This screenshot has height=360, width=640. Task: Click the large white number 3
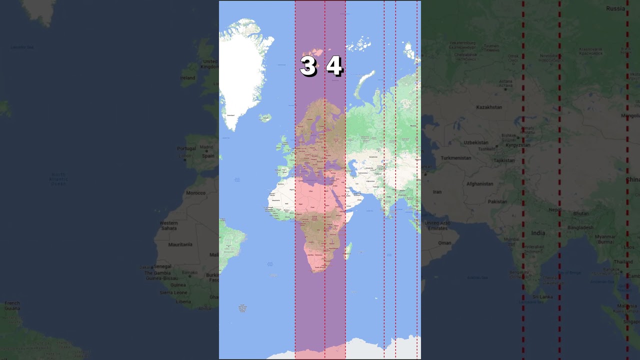pos(307,66)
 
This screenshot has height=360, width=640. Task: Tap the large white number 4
pos(334,66)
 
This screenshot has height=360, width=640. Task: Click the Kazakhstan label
pos(488,107)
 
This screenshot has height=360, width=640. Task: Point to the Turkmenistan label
pos(455,158)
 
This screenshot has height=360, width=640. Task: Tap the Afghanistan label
pos(479,184)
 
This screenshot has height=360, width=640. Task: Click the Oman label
pos(444,243)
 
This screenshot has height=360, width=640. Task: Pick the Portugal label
pos(186,148)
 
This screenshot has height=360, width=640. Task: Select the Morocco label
pos(195,192)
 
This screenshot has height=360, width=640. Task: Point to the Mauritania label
pos(180,244)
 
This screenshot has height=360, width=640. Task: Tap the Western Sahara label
pos(168,225)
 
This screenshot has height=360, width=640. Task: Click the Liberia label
pos(183,301)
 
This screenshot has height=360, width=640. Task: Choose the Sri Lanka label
pos(542,296)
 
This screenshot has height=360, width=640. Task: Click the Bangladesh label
pos(580,227)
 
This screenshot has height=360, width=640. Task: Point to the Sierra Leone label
pos(173,292)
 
